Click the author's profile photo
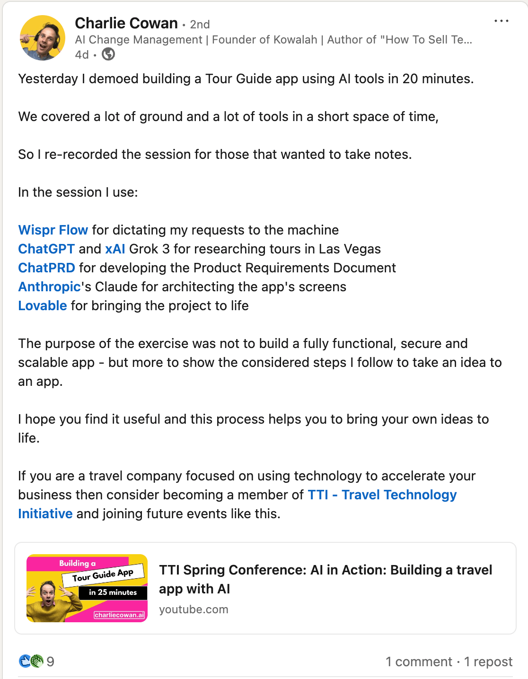[x=42, y=38]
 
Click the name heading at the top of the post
[x=126, y=23]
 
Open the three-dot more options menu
[x=501, y=21]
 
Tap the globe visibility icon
[x=108, y=54]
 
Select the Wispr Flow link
[x=53, y=230]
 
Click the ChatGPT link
[x=46, y=249]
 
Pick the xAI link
[x=115, y=249]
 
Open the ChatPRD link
[x=46, y=268]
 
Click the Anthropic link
[x=49, y=287]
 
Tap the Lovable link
[x=43, y=305]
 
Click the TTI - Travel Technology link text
[x=382, y=495]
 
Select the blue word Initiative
[x=45, y=514]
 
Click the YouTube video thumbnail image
[x=87, y=588]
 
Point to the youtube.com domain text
[x=194, y=609]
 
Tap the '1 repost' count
[x=488, y=662]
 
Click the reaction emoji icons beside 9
[x=31, y=661]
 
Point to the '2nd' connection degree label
[x=200, y=25]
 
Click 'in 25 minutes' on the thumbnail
[x=113, y=592]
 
